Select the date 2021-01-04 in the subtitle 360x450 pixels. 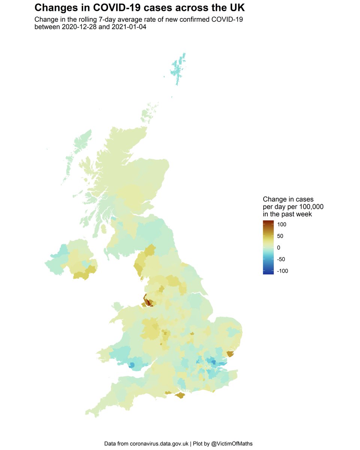[130, 27]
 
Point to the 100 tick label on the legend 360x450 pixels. [282, 224]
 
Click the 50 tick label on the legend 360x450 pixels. [280, 236]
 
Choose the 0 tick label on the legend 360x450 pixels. [279, 247]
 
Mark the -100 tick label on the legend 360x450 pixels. [283, 271]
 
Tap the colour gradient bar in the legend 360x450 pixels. [268, 247]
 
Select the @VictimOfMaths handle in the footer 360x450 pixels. [232, 444]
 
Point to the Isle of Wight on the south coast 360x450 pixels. [181, 395]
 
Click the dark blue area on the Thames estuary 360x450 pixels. [213, 362]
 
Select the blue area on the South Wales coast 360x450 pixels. [132, 365]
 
